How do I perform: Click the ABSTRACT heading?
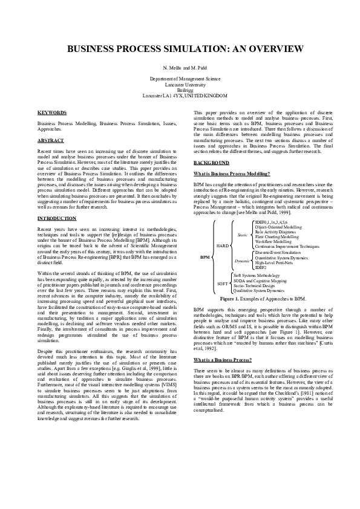tap(51, 140)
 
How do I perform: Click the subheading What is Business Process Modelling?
tap(232, 174)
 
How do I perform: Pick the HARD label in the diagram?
tap(223, 246)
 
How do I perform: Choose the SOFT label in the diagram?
tap(223, 283)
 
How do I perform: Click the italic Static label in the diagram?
tap(242, 234)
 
